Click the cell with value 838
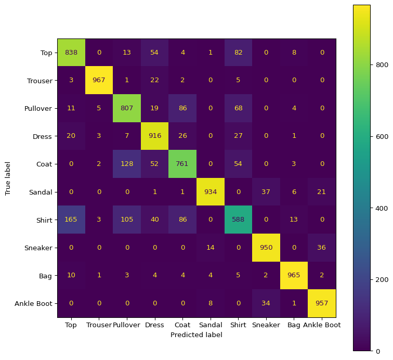click(71, 52)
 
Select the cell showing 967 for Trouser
click(99, 80)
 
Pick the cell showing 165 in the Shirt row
click(71, 220)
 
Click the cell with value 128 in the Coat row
click(127, 164)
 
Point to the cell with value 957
click(322, 304)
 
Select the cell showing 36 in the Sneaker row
click(322, 248)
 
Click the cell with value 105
click(127, 220)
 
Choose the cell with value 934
click(211, 192)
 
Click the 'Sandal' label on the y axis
click(42, 192)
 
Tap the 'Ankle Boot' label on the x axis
click(322, 325)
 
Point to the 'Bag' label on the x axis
click(294, 325)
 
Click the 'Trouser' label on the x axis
click(99, 325)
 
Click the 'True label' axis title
click(8, 178)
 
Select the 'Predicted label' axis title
click(197, 335)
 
